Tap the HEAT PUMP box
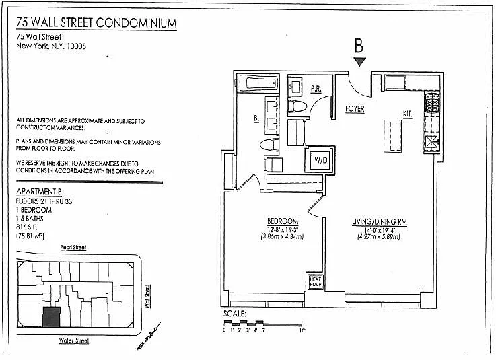tap(316, 281)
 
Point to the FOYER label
tap(355, 108)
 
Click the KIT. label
tap(407, 114)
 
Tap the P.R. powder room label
tap(316, 88)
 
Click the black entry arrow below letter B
tap(359, 62)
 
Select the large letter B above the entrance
tap(359, 46)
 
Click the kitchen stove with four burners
tap(431, 104)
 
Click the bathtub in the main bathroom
tap(260, 85)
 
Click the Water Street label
tap(73, 340)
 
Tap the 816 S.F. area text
tap(28, 227)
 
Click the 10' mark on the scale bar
tap(304, 330)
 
